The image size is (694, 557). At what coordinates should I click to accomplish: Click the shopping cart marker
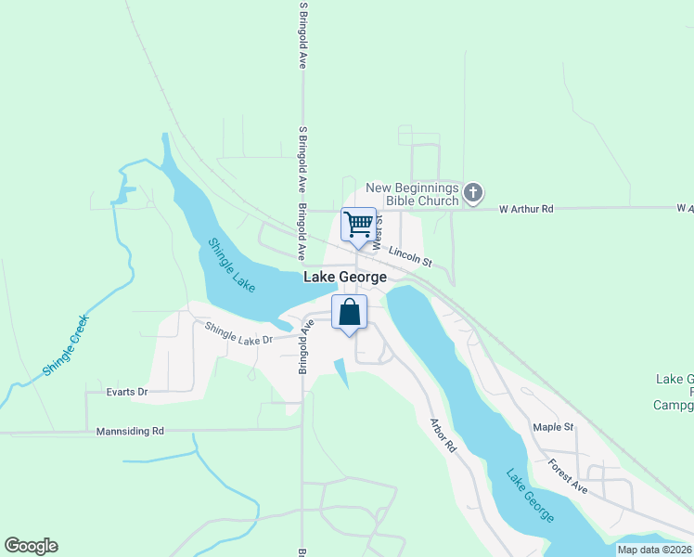point(358,224)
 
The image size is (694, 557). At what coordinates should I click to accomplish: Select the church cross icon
point(473,193)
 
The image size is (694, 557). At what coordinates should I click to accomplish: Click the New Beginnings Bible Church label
point(413,194)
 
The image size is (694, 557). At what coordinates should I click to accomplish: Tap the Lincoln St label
point(411,256)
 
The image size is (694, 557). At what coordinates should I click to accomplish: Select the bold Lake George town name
point(345,278)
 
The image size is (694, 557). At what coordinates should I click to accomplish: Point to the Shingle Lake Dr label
point(238,332)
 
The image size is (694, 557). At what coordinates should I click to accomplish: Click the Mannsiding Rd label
point(130,431)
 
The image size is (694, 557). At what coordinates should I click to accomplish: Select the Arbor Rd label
point(443,434)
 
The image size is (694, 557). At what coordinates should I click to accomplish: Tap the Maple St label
point(554,427)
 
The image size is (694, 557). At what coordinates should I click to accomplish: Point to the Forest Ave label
point(568,474)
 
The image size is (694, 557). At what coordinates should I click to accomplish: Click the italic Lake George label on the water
point(531,496)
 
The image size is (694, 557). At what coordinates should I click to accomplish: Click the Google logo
point(31,546)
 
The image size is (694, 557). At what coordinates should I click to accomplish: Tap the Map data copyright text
point(654,550)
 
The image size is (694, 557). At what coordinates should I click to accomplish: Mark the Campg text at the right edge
point(673,405)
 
